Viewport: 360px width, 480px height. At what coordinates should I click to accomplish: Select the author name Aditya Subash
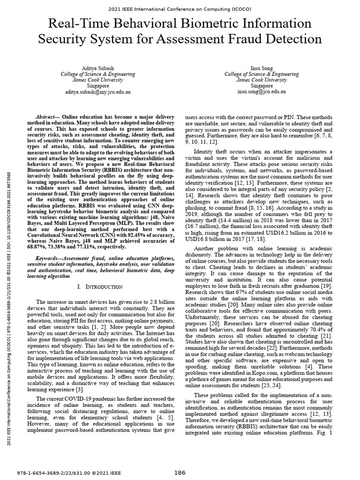[97, 68]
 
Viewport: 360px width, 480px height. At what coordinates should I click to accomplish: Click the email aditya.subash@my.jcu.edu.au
[97, 92]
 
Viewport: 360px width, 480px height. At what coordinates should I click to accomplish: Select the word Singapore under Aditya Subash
[97, 86]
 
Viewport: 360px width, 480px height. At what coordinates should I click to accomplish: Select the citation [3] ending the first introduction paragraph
[81, 389]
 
